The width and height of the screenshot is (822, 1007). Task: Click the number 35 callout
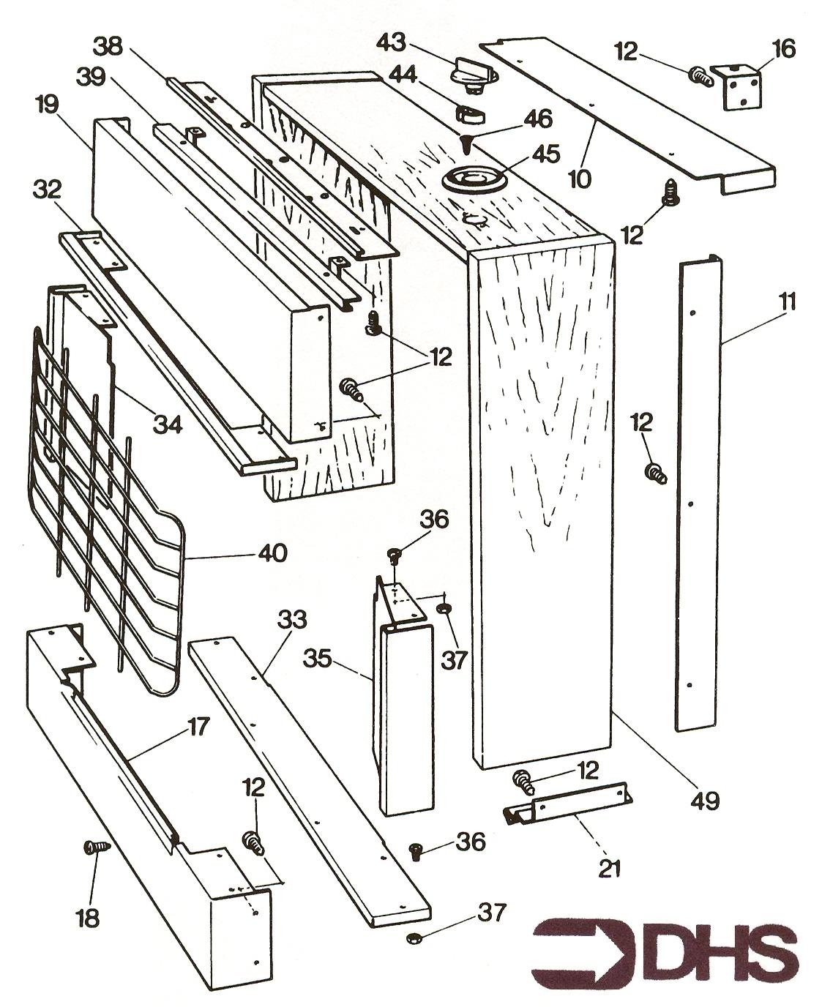point(319,660)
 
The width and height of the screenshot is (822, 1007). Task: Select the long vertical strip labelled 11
point(698,498)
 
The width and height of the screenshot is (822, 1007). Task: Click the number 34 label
point(167,422)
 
